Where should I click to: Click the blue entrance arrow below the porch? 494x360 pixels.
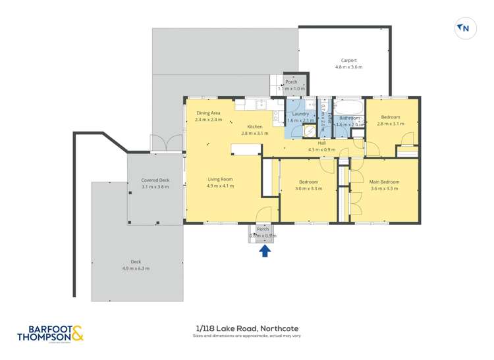265,250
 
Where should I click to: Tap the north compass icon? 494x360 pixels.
464,28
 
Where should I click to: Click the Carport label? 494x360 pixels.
348,60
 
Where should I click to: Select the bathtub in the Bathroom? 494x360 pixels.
348,107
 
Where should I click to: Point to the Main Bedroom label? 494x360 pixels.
384,182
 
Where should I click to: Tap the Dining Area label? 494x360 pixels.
208,113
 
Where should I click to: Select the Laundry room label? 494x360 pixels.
300,114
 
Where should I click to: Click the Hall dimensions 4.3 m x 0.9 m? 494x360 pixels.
321,150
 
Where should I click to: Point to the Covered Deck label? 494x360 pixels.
155,180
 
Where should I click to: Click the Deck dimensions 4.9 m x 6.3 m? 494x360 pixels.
136,269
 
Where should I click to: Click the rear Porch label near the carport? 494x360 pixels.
291,82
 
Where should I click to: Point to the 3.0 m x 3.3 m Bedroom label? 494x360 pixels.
308,182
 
